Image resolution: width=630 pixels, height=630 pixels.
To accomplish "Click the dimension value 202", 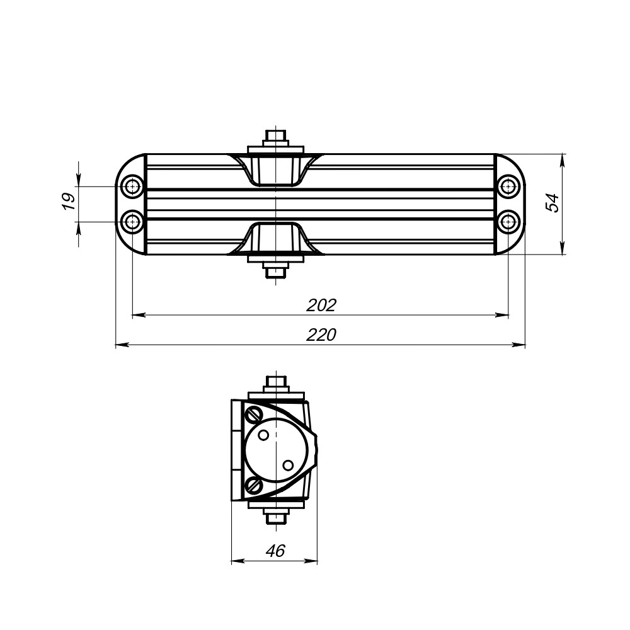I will tap(321, 305).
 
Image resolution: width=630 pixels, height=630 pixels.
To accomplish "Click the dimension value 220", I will tap(321, 335).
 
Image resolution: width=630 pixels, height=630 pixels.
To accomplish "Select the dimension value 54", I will tap(553, 203).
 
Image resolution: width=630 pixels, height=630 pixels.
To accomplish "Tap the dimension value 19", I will tap(69, 202).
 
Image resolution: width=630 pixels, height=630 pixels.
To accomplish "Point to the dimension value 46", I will tap(275, 551).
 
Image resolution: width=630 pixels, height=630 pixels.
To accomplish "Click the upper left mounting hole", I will tap(132, 186).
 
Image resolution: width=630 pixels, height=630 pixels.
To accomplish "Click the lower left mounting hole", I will tap(132, 222).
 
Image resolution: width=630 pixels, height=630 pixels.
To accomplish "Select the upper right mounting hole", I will tap(508, 186).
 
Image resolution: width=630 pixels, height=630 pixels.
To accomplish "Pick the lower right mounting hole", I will tap(508, 222).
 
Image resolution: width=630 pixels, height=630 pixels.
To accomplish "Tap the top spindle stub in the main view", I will tap(276, 136).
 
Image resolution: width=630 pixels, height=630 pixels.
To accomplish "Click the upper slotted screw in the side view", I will tap(255, 414).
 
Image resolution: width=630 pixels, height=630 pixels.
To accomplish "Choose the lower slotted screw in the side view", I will tap(255, 485).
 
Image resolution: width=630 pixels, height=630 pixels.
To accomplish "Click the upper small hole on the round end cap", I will tap(265, 435).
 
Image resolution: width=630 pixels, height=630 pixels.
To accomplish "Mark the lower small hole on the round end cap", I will tap(288, 466).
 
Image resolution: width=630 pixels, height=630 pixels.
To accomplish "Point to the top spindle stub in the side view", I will tap(276, 382).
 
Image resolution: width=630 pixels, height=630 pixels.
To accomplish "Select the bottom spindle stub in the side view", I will tap(276, 518).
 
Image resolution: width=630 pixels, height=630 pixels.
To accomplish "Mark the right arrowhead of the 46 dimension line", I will tap(312, 561).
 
